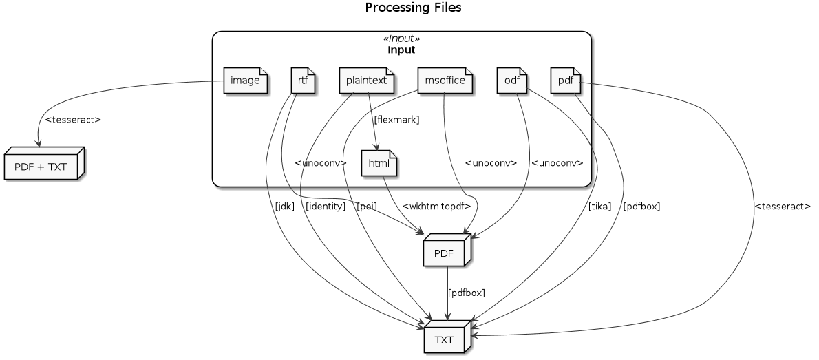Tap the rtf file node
click(x=303, y=81)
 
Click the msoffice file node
click(x=445, y=81)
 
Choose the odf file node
click(x=511, y=81)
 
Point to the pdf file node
click(x=566, y=81)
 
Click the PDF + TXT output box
click(x=42, y=166)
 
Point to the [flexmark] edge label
click(x=396, y=120)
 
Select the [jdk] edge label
click(x=284, y=207)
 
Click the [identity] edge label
click(x=325, y=207)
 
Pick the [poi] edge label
click(x=367, y=207)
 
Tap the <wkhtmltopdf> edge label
click(x=436, y=207)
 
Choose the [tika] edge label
click(x=599, y=207)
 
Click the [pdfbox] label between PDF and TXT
click(x=467, y=293)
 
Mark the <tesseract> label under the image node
click(x=72, y=120)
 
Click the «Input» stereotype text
click(x=401, y=39)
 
